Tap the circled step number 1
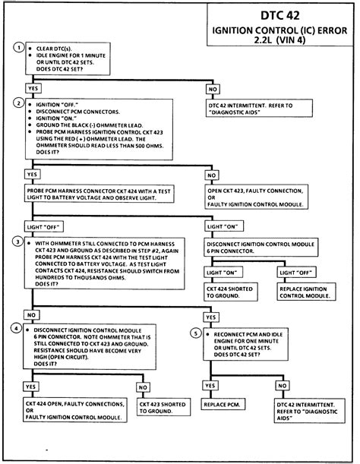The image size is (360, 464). pyautogui.click(x=17, y=47)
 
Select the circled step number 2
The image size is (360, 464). pyautogui.click(x=17, y=102)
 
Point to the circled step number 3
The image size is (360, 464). pyautogui.click(x=17, y=241)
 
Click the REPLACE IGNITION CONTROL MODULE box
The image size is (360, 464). pyautogui.click(x=304, y=293)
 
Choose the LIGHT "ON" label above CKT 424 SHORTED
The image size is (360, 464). pyautogui.click(x=221, y=271)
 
